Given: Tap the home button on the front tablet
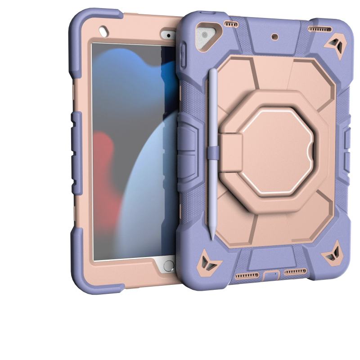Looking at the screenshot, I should pos(168,265).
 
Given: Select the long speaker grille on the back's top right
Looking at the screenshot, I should pos(320,29).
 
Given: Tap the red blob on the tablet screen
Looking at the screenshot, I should pos(106,171).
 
